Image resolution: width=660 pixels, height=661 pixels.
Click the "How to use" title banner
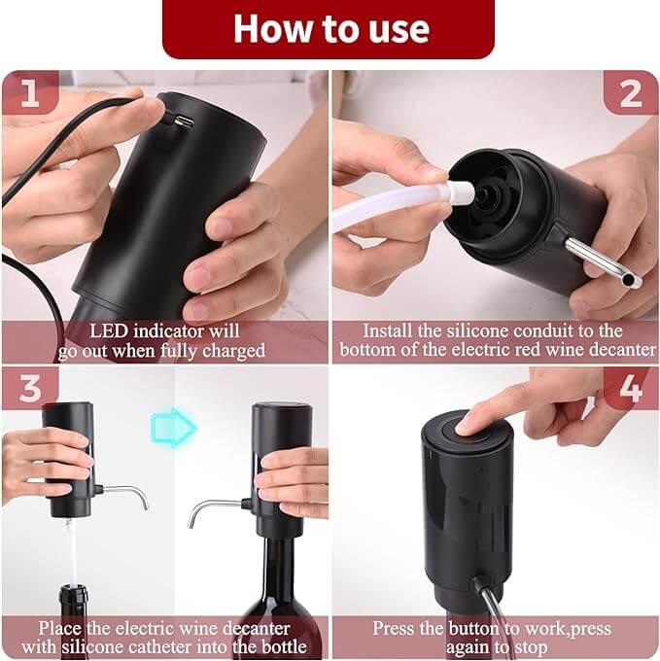coord(330,29)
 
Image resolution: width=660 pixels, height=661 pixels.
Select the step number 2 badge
coord(630,93)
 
